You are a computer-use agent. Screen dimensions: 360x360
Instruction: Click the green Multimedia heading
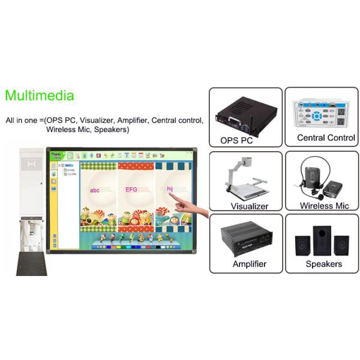coord(40,95)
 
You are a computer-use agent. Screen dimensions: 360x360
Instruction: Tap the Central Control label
coord(326,138)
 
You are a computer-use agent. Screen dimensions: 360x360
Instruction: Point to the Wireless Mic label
coord(325,206)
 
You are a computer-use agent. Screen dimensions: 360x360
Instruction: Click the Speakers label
coord(324,263)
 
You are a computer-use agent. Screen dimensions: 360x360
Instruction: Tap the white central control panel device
coord(321,112)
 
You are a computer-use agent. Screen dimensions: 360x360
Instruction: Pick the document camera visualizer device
coord(246,177)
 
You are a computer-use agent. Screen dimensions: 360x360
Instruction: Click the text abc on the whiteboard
coord(95,190)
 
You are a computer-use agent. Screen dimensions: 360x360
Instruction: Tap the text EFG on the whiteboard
coord(131,190)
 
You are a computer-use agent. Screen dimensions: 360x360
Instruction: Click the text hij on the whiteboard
coord(170,189)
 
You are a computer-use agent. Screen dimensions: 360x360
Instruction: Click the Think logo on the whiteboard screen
coord(56,155)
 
